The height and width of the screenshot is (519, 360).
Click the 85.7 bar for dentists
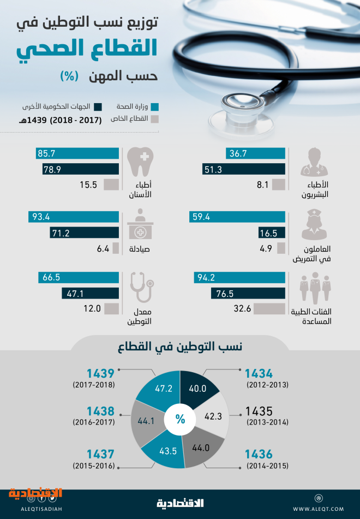point(77,154)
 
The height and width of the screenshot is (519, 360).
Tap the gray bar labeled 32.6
point(269,309)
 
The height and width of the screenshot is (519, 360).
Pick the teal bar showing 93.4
point(74,217)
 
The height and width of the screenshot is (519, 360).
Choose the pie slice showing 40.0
point(198,387)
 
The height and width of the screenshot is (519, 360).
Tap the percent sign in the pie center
point(180,419)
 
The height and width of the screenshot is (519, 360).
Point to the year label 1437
point(100,454)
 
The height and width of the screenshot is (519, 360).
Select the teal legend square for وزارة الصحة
point(154,106)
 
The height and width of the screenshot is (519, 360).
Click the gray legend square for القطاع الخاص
point(154,119)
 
